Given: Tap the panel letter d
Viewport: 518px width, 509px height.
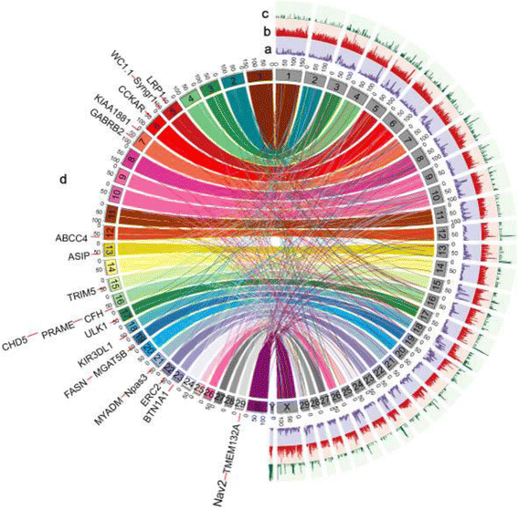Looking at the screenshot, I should tap(63, 180).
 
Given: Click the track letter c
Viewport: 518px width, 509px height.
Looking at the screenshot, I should tap(265, 14).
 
